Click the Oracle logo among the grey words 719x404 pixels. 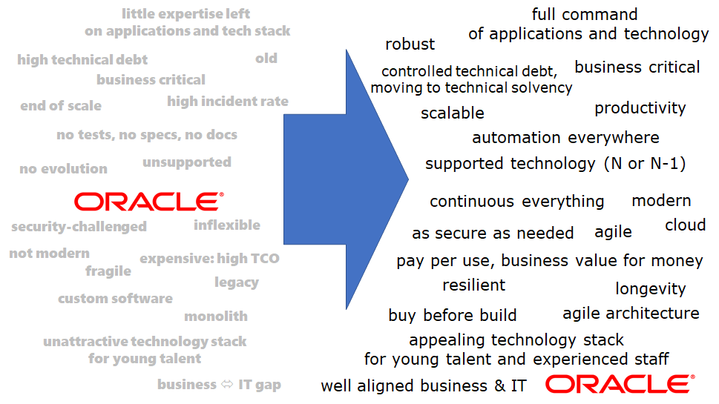148,202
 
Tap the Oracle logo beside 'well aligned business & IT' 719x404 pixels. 620,384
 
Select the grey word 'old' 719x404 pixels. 266,59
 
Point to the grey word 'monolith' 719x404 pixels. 216,317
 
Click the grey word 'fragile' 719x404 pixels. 108,271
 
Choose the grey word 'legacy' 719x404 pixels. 237,282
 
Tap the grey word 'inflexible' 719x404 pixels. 227,225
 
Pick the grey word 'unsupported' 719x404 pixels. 187,162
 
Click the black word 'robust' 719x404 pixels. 410,44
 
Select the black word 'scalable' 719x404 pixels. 453,113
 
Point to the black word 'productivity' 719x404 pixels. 640,108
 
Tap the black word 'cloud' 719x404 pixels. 685,225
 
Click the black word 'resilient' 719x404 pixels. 473,285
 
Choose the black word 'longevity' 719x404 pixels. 651,289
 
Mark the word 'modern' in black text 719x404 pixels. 661,201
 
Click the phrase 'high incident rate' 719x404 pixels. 228,102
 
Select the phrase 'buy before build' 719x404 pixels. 453,316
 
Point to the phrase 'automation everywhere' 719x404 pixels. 565,138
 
